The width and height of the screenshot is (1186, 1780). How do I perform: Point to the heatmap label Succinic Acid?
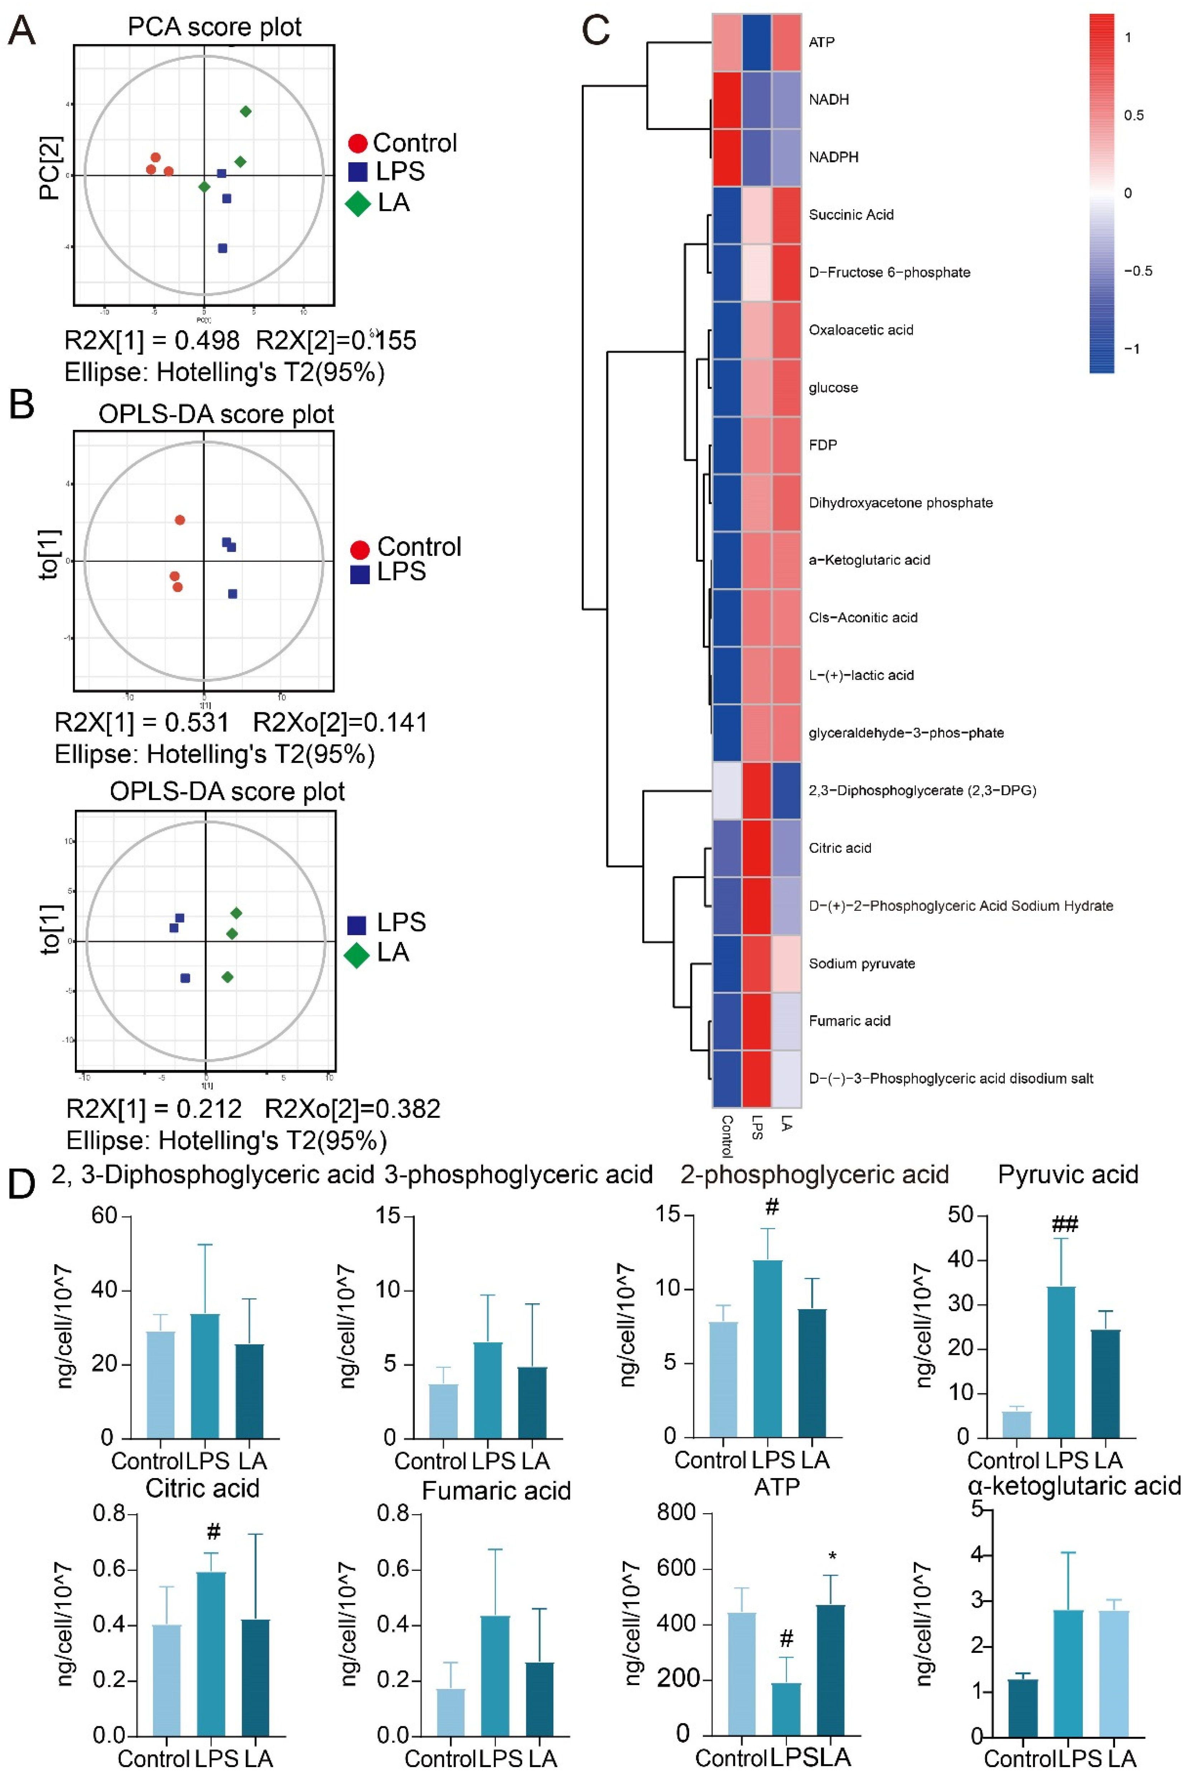coord(851,215)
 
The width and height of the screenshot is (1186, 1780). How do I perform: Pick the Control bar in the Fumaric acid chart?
coord(451,1712)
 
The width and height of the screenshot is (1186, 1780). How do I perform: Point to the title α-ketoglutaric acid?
coord(1074,1486)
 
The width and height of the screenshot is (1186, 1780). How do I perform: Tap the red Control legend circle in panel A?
coord(358,143)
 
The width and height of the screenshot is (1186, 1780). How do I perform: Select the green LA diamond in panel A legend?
coord(358,203)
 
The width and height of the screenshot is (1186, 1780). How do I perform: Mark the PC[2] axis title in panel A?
coord(50,168)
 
